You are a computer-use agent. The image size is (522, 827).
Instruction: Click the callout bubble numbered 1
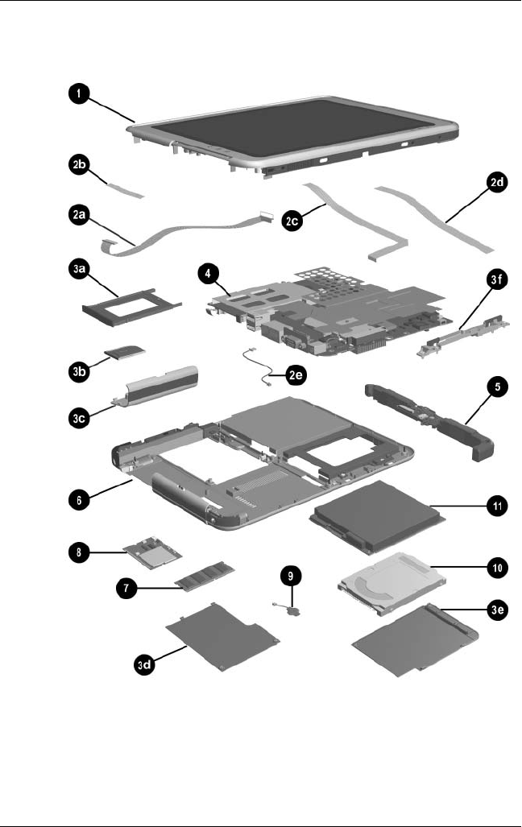point(78,94)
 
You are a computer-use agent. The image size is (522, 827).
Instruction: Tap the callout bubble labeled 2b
point(79,168)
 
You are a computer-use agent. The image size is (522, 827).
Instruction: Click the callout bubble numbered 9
point(291,576)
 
